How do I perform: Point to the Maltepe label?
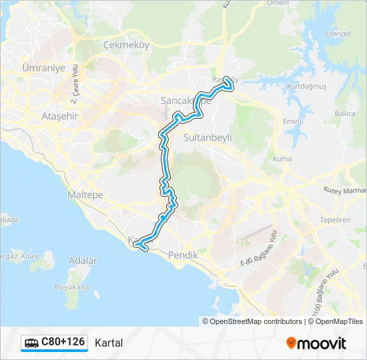coord(85,195)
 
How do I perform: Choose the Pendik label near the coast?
coord(183,255)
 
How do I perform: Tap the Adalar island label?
coord(83,261)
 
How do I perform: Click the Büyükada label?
coord(71,287)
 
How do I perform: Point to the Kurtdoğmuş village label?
coord(306,87)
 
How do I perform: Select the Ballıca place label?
coord(345,113)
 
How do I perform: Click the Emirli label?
coord(292,121)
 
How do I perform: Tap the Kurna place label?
coord(282,159)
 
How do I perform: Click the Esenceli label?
coord(337,33)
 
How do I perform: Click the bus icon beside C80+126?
coord(31,343)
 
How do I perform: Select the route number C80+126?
coord(63,342)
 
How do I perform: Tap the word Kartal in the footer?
coord(109,343)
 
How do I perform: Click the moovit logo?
coord(316,343)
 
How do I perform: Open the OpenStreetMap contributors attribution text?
coord(256,321)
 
